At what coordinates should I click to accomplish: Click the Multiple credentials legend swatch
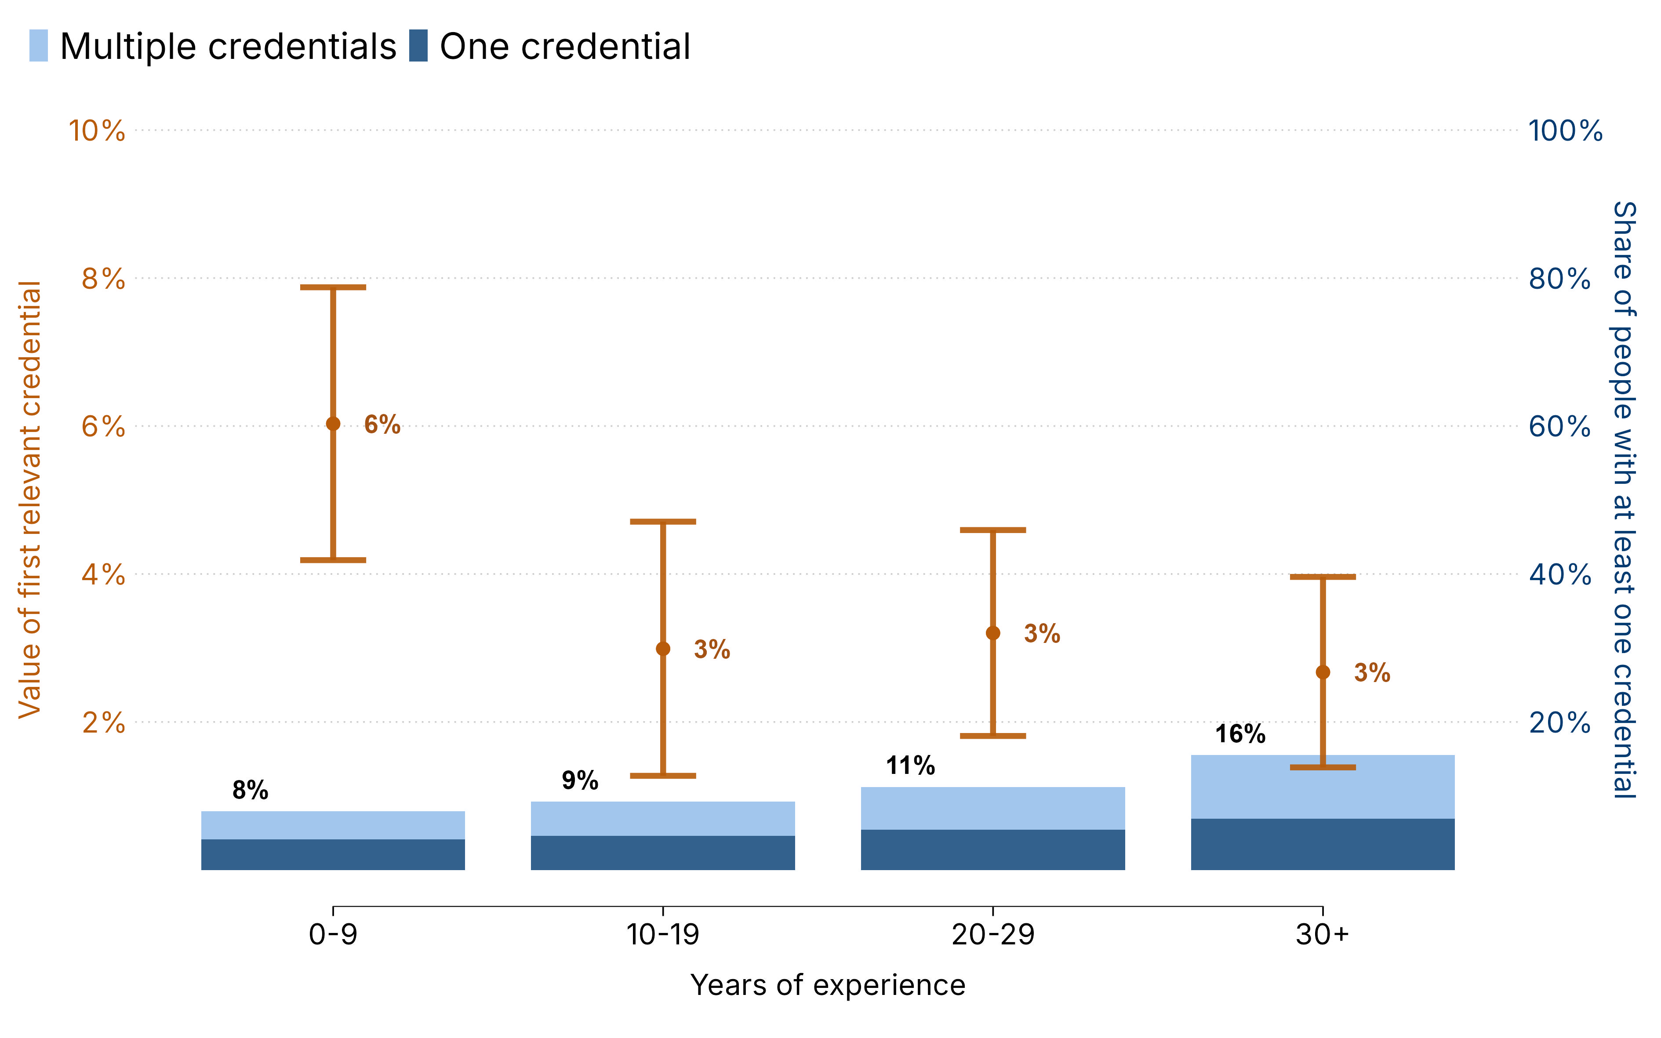(x=38, y=46)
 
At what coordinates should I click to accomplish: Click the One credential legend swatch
(x=418, y=46)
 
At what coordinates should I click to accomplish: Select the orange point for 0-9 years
(x=333, y=424)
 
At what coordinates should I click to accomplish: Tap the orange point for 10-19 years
(x=663, y=649)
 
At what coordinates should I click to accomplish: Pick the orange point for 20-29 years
(x=993, y=633)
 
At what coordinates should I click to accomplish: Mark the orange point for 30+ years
(x=1323, y=672)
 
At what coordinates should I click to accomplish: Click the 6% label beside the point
(x=382, y=425)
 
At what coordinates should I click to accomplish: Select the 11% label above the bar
(x=910, y=766)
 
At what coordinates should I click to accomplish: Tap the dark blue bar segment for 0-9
(x=333, y=855)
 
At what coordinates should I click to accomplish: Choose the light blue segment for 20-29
(x=993, y=808)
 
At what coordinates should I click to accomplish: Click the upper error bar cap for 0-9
(x=333, y=287)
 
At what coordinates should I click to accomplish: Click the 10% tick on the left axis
(x=97, y=131)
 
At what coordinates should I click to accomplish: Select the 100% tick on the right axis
(x=1565, y=131)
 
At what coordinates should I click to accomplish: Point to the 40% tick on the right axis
(x=1559, y=575)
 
